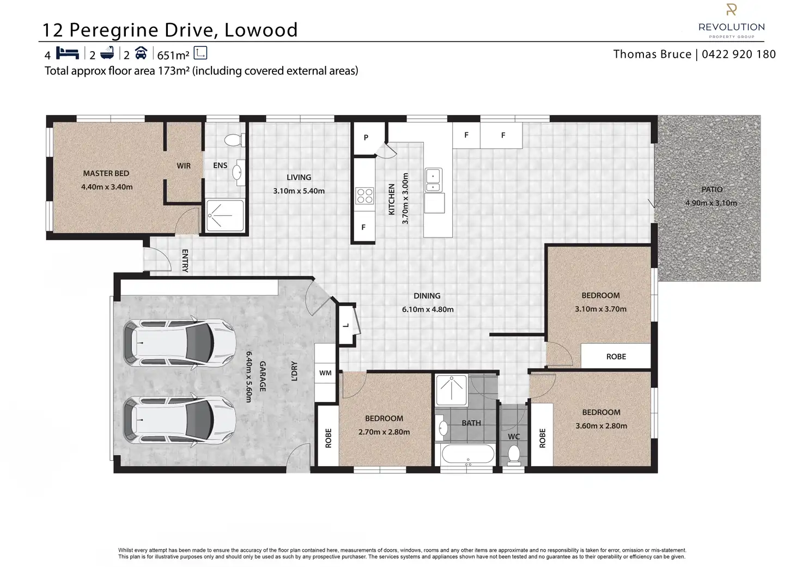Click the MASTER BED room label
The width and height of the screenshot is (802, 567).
point(106,173)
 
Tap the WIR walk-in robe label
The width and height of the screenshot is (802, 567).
point(184,166)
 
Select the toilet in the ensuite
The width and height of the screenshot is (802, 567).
point(235,140)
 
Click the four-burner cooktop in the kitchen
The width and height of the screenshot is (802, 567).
point(364,196)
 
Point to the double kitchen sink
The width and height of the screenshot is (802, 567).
point(433,180)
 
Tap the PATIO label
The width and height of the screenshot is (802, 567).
point(712,190)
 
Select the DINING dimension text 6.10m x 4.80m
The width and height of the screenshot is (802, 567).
point(428,309)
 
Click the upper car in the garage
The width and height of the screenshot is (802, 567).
point(179,343)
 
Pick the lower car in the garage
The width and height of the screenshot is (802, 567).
point(179,420)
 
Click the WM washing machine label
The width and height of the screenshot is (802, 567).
point(325,373)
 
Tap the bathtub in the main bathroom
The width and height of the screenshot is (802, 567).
point(468,455)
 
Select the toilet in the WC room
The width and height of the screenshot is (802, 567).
point(514,455)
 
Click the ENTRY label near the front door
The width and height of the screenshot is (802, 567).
point(185,260)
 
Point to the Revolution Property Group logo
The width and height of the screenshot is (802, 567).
point(732,21)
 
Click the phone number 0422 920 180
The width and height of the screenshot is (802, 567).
point(739,54)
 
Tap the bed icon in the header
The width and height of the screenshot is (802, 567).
point(68,53)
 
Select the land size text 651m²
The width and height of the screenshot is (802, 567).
point(173,55)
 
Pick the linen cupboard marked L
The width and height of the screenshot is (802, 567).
point(346,325)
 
